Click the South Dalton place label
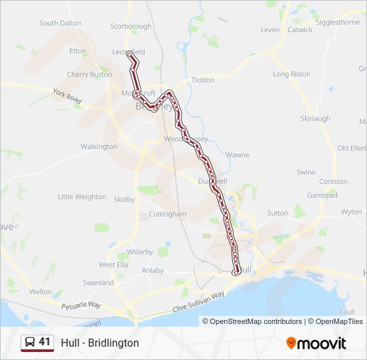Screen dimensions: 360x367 (60, 23)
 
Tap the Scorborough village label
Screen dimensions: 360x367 (131, 27)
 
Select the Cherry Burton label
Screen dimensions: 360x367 (89, 75)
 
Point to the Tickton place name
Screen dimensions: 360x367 (203, 80)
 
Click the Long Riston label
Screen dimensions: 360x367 (292, 75)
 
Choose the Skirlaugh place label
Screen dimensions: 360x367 (315, 119)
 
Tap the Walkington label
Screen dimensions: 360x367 (99, 147)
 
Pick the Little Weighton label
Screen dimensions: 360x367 (81, 197)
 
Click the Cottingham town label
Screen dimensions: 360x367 (167, 215)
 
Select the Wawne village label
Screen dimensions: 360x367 (237, 155)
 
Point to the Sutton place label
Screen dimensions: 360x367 (278, 213)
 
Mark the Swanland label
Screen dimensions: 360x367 (98, 283)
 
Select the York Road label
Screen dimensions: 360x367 (67, 97)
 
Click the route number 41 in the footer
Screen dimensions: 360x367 (45, 342)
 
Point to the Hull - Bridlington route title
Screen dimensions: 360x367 (100, 343)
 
